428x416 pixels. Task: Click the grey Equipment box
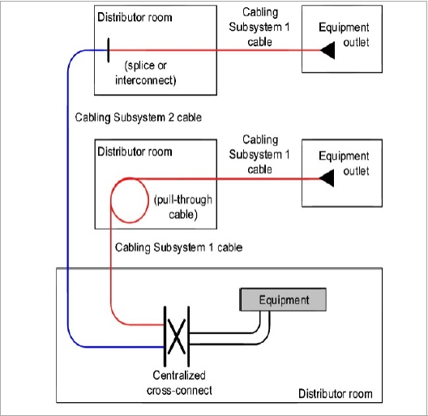point(283,299)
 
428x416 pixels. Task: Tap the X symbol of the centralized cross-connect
point(177,337)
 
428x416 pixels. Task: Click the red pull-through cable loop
point(111,201)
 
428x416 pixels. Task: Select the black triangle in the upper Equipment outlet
point(327,50)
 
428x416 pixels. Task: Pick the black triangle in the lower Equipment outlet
point(327,178)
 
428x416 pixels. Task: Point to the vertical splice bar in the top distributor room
point(109,50)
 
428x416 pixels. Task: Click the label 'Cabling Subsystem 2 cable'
point(138,118)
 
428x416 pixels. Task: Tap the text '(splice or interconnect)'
point(145,73)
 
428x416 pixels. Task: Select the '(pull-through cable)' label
point(183,207)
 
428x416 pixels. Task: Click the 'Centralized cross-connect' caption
point(179,383)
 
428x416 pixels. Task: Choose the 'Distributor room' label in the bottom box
point(336,393)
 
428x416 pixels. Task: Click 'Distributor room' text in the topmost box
point(135,17)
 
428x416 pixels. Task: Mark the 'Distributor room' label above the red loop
point(135,152)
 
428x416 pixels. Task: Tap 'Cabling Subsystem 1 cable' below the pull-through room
point(178,247)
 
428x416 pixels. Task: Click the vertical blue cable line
point(68,199)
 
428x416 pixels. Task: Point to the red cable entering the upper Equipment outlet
point(215,50)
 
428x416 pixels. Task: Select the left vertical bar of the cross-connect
point(165,337)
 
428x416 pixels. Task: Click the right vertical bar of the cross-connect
point(188,337)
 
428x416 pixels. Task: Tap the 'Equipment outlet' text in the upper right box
point(344,35)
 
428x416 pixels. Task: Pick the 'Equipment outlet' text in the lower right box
point(344,163)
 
